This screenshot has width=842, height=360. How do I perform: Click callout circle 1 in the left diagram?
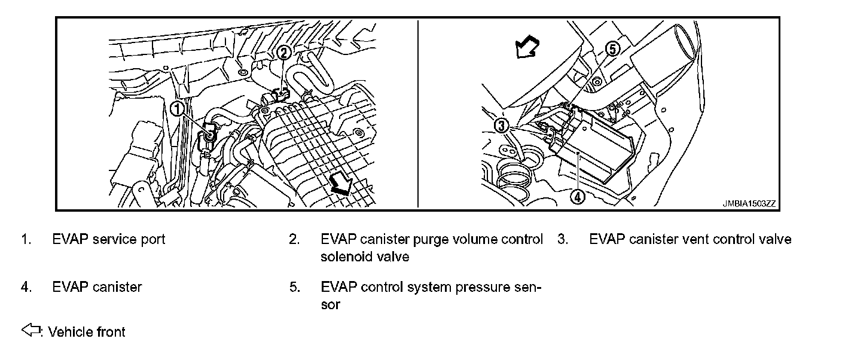[178, 108]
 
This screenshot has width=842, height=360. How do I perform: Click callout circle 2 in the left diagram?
[285, 52]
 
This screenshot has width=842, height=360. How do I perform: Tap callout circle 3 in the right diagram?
[501, 125]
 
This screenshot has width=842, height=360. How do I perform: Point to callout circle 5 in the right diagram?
[613, 49]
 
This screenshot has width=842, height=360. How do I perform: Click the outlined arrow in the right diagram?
[527, 47]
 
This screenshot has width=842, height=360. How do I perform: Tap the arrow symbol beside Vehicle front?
[29, 330]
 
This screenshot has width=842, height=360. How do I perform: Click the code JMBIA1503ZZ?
[748, 203]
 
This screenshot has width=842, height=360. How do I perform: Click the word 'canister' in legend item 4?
[117, 287]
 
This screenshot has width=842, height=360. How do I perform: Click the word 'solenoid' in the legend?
[345, 257]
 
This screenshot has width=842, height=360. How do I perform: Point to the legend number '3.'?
[562, 240]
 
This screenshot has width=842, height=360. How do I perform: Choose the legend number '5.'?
[294, 287]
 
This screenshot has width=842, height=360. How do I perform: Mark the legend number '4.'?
[26, 287]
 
